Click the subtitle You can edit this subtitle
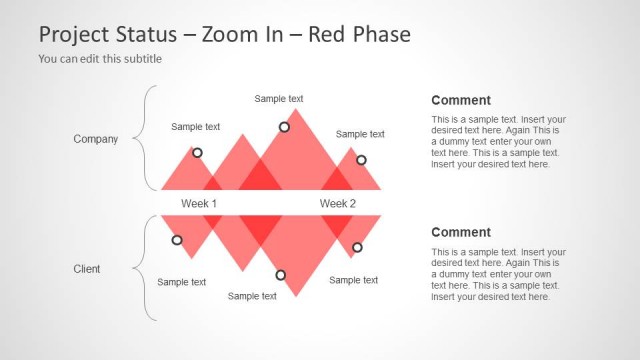100,59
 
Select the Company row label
96,139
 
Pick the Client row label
87,269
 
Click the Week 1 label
199,203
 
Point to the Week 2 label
338,203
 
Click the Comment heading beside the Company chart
461,100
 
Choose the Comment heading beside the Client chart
461,232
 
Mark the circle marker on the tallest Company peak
284,127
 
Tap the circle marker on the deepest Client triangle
280,275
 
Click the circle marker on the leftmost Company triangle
197,153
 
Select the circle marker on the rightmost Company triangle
361,160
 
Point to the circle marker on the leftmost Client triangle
177,240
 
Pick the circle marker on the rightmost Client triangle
357,247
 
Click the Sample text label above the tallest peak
279,99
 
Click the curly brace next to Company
150,138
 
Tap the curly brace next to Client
150,268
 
